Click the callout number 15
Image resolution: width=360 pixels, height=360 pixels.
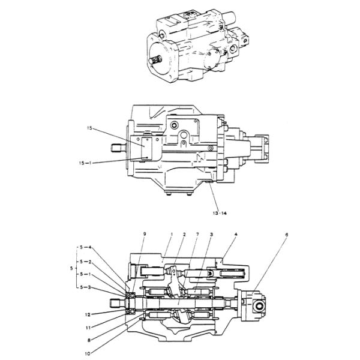click(x=89, y=128)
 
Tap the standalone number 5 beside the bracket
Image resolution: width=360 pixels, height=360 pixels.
click(x=71, y=268)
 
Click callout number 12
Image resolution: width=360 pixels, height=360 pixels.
click(x=88, y=313)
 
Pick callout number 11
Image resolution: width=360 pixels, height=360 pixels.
click(x=88, y=328)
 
